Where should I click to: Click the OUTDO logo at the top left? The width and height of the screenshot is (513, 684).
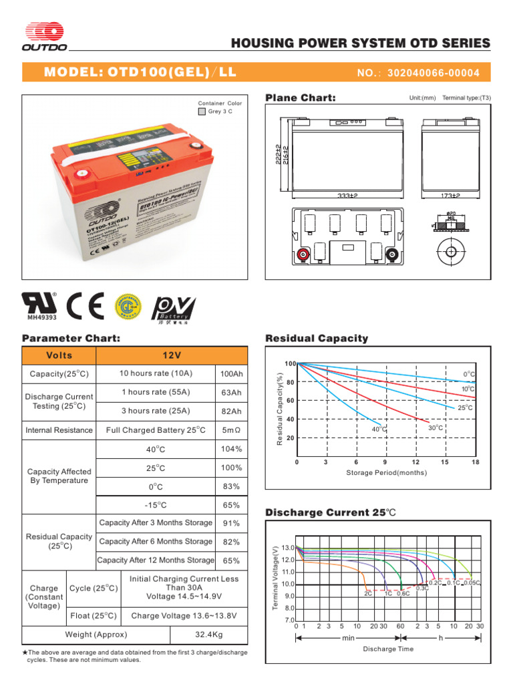coord(45,37)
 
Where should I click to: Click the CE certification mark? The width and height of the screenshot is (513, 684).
coord(85,307)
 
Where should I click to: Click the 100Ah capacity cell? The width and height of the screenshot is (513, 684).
coord(231,373)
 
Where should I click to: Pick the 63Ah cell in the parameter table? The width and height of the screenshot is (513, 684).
coord(231,392)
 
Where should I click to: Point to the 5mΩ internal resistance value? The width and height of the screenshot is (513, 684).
coord(231,430)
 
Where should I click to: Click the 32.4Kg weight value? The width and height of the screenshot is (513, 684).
coord(209,635)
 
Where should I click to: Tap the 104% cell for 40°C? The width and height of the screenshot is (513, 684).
coord(231,449)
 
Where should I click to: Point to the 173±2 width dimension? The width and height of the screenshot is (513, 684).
coord(451,196)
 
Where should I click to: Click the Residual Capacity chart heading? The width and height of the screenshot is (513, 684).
coord(317,338)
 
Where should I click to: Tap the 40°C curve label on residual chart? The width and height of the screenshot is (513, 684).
coord(379,429)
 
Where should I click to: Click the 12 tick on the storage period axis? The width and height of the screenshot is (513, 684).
coord(415,462)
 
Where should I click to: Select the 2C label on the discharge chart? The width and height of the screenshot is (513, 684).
coord(367,593)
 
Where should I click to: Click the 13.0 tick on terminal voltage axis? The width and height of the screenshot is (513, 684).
coord(288,548)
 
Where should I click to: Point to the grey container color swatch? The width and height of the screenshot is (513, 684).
coord(202,112)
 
